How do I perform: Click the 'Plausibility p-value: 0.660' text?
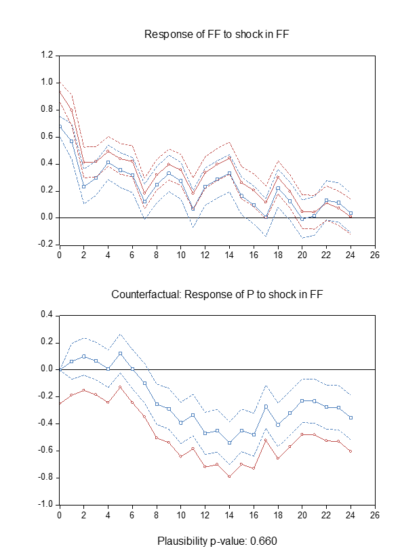217,541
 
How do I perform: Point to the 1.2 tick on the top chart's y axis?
46,55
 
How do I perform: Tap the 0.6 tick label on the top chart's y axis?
46,136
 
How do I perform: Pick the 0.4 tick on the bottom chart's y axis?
46,315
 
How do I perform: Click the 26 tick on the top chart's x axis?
375,255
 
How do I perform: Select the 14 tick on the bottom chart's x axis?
229,516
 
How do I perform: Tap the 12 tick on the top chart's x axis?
205,255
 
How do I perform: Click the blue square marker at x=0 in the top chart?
60,126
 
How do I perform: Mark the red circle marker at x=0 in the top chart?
60,91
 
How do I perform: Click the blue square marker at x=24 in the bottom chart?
351,417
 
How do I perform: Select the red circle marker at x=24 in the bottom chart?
351,451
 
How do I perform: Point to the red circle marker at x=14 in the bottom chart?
229,476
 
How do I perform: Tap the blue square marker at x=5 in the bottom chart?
120,353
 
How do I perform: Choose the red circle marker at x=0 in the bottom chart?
60,404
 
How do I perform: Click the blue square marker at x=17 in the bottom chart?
266,406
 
